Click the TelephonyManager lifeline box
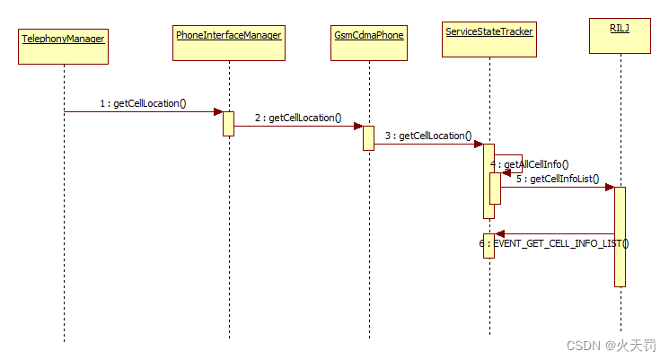click(63, 46)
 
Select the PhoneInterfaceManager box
click(229, 42)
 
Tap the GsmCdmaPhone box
click(368, 42)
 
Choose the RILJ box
click(620, 35)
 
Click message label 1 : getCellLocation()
click(143, 103)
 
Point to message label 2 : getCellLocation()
click(297, 118)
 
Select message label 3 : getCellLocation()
click(427, 136)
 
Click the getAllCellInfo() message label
click(536, 164)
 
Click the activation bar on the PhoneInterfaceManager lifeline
click(229, 123)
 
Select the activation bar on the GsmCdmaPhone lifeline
click(368, 137)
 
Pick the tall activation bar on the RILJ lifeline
click(620, 236)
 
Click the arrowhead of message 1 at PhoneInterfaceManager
click(218, 111)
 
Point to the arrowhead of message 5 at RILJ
click(610, 187)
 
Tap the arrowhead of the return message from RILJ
click(500, 233)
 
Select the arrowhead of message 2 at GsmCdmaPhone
click(357, 126)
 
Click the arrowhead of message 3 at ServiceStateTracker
click(479, 144)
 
